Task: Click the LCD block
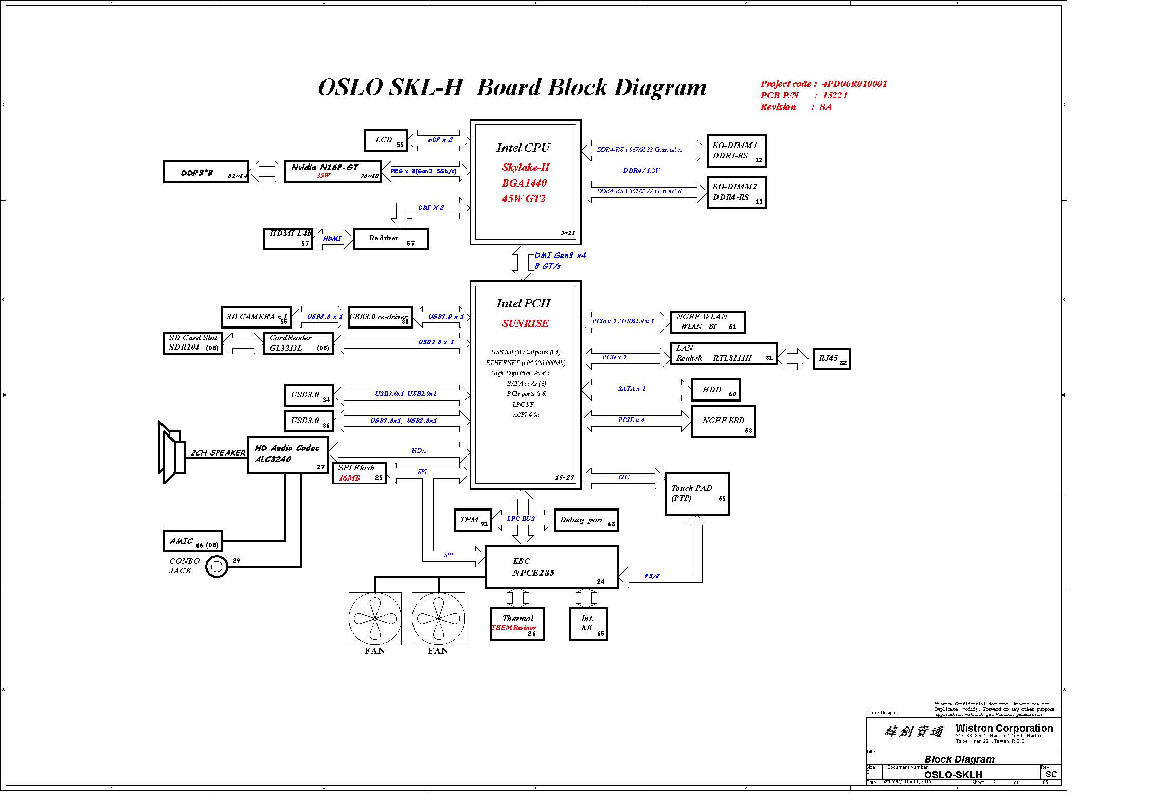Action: tap(385, 140)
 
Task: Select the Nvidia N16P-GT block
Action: tap(333, 171)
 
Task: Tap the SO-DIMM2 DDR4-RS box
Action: tap(736, 192)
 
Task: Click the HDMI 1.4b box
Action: tap(288, 239)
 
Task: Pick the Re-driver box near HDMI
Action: tap(391, 239)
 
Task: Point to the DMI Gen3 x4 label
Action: tap(560, 256)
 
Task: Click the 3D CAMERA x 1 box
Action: tap(256, 317)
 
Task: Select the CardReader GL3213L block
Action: tap(298, 343)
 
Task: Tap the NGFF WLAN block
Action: tap(707, 322)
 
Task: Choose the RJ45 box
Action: tap(831, 358)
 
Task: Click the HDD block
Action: tap(715, 390)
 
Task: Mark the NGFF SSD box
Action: tap(723, 421)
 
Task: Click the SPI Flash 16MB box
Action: tap(360, 473)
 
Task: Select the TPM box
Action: tap(473, 520)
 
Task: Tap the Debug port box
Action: tap(586, 520)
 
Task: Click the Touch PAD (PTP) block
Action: tap(696, 494)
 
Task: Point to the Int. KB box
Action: tap(588, 624)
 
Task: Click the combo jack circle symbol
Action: tap(217, 567)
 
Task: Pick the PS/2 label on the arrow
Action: tap(652, 576)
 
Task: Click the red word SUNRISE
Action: tap(525, 324)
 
